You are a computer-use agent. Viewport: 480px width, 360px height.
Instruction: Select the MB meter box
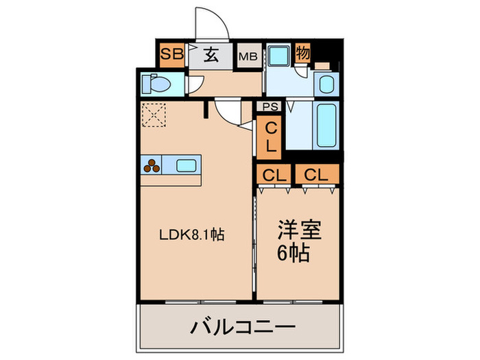[248, 57]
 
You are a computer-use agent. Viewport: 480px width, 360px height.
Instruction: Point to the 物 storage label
[302, 54]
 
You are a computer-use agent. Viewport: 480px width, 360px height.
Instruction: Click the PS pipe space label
[268, 106]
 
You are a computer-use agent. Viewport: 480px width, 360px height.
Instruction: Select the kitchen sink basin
[187, 165]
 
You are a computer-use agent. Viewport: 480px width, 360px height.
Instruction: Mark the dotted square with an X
[155, 114]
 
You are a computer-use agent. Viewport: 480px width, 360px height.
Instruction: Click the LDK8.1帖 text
[191, 234]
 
